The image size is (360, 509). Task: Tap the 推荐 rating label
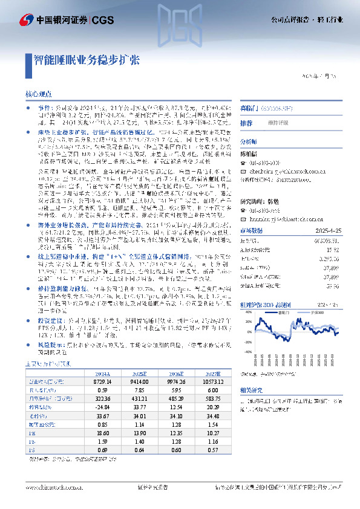pyautogui.click(x=246, y=123)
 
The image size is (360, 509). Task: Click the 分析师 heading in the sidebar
pyautogui.click(x=249, y=140)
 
